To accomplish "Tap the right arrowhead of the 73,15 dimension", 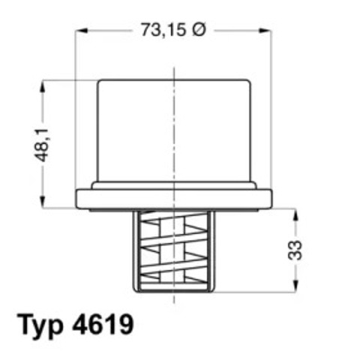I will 266,31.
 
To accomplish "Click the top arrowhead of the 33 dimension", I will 295,212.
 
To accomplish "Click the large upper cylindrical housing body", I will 174,127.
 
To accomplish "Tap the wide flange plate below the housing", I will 174,199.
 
